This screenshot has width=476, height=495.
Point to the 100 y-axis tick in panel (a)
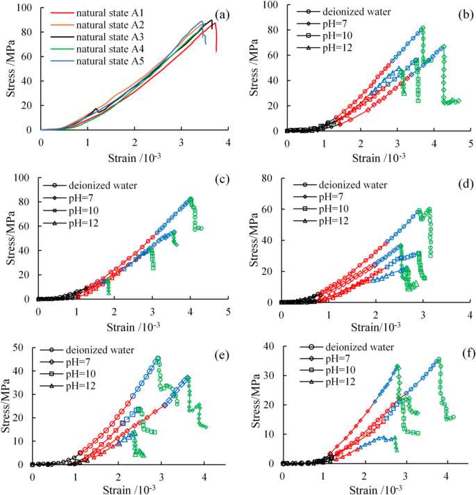tap(28, 8)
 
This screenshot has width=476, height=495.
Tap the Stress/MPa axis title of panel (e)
tap(8, 405)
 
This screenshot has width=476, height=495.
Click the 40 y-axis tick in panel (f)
tap(270, 345)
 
